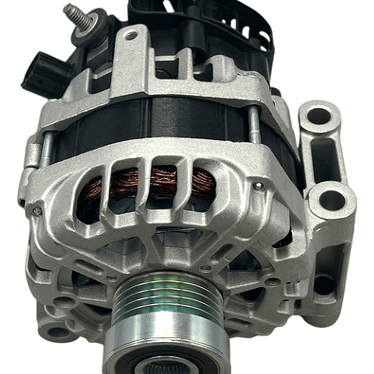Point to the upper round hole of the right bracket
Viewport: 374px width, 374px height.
point(318,115)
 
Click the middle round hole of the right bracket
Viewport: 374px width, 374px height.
point(331,199)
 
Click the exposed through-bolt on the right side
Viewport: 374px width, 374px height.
point(253,125)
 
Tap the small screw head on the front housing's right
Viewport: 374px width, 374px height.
point(259,186)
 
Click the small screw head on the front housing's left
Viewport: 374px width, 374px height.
point(36,211)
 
